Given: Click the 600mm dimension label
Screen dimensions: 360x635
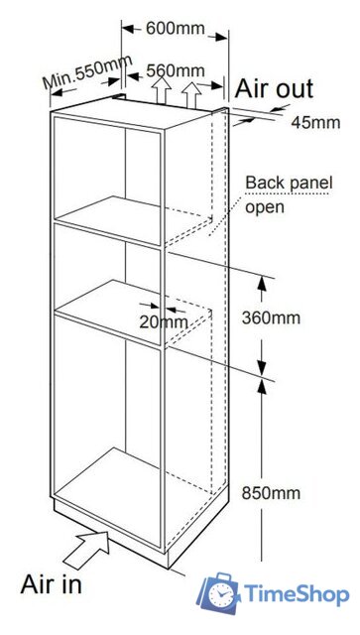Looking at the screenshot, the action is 176,29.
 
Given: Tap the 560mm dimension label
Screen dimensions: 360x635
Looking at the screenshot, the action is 176,70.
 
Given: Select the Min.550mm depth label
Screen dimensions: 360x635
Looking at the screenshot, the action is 88,71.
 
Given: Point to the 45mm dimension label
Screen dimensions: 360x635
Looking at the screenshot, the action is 315,122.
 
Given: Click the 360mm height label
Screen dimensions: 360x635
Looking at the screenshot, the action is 271,318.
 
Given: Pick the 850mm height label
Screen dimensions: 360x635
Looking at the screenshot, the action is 271,493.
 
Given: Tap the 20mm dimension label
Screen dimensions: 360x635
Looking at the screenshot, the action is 164,322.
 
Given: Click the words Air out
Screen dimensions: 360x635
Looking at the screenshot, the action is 274,88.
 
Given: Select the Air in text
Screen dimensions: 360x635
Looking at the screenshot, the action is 51,584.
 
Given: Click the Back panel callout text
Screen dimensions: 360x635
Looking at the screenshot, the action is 289,183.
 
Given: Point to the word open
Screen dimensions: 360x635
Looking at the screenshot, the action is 265,207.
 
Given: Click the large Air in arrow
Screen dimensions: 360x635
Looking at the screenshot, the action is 86,550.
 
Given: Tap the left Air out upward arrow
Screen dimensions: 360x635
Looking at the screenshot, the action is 163,89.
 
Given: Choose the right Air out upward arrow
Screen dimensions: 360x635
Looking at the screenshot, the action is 191,94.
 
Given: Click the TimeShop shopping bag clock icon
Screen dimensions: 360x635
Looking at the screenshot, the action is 218,593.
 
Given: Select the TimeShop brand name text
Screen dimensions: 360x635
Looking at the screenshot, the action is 296,594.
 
